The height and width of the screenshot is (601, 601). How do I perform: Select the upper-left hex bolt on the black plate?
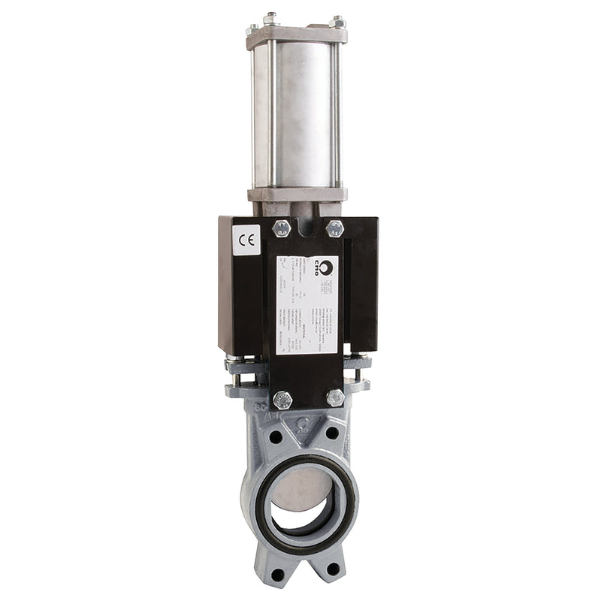(x=282, y=228)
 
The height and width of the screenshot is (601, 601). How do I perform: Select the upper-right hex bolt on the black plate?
(x=335, y=228)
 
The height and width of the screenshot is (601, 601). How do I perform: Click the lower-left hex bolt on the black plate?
(x=282, y=399)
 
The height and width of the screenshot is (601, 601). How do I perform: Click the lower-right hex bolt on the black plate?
(x=335, y=397)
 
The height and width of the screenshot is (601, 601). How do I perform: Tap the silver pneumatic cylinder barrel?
(x=299, y=113)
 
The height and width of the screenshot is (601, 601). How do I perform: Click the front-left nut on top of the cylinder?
(x=270, y=18)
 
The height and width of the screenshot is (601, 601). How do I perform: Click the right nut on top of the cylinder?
(x=337, y=22)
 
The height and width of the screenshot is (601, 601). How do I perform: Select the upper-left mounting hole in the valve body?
(x=276, y=436)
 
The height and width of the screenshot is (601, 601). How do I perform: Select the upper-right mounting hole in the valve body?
(x=331, y=433)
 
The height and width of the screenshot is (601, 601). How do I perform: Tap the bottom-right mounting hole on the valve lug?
(x=333, y=569)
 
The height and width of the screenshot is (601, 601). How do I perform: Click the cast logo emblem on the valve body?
(x=303, y=423)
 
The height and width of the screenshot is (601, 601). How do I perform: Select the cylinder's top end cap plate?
(x=297, y=35)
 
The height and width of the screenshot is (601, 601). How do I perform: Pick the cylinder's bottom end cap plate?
(x=297, y=194)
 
